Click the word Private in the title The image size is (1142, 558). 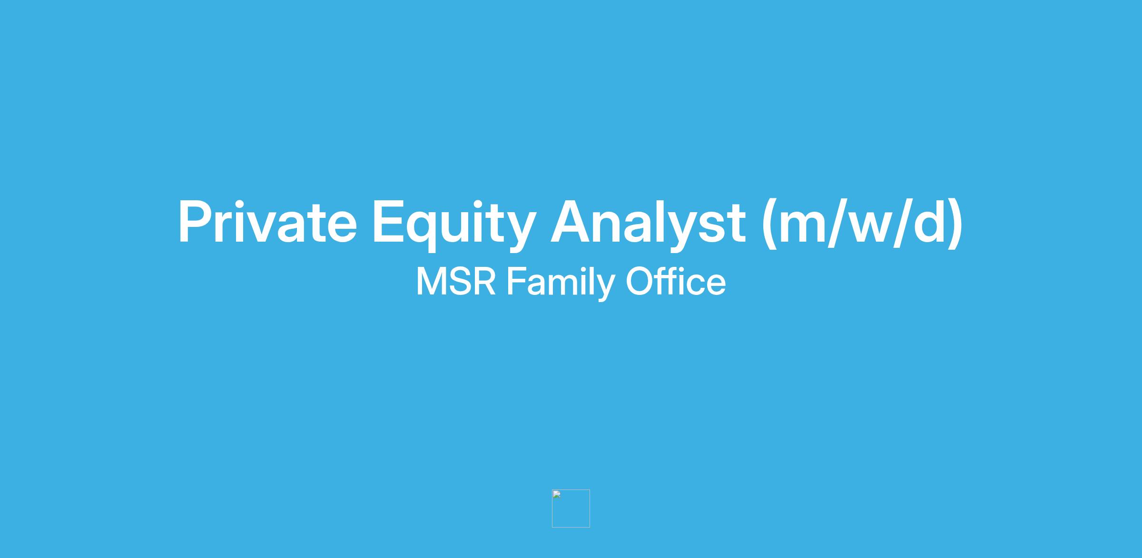pyautogui.click(x=267, y=222)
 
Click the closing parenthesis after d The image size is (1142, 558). pyautogui.click(x=955, y=223)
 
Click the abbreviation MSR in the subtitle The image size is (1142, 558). pyautogui.click(x=456, y=282)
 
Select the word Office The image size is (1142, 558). pyautogui.click(x=676, y=281)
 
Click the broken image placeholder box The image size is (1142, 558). pyautogui.click(x=571, y=508)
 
